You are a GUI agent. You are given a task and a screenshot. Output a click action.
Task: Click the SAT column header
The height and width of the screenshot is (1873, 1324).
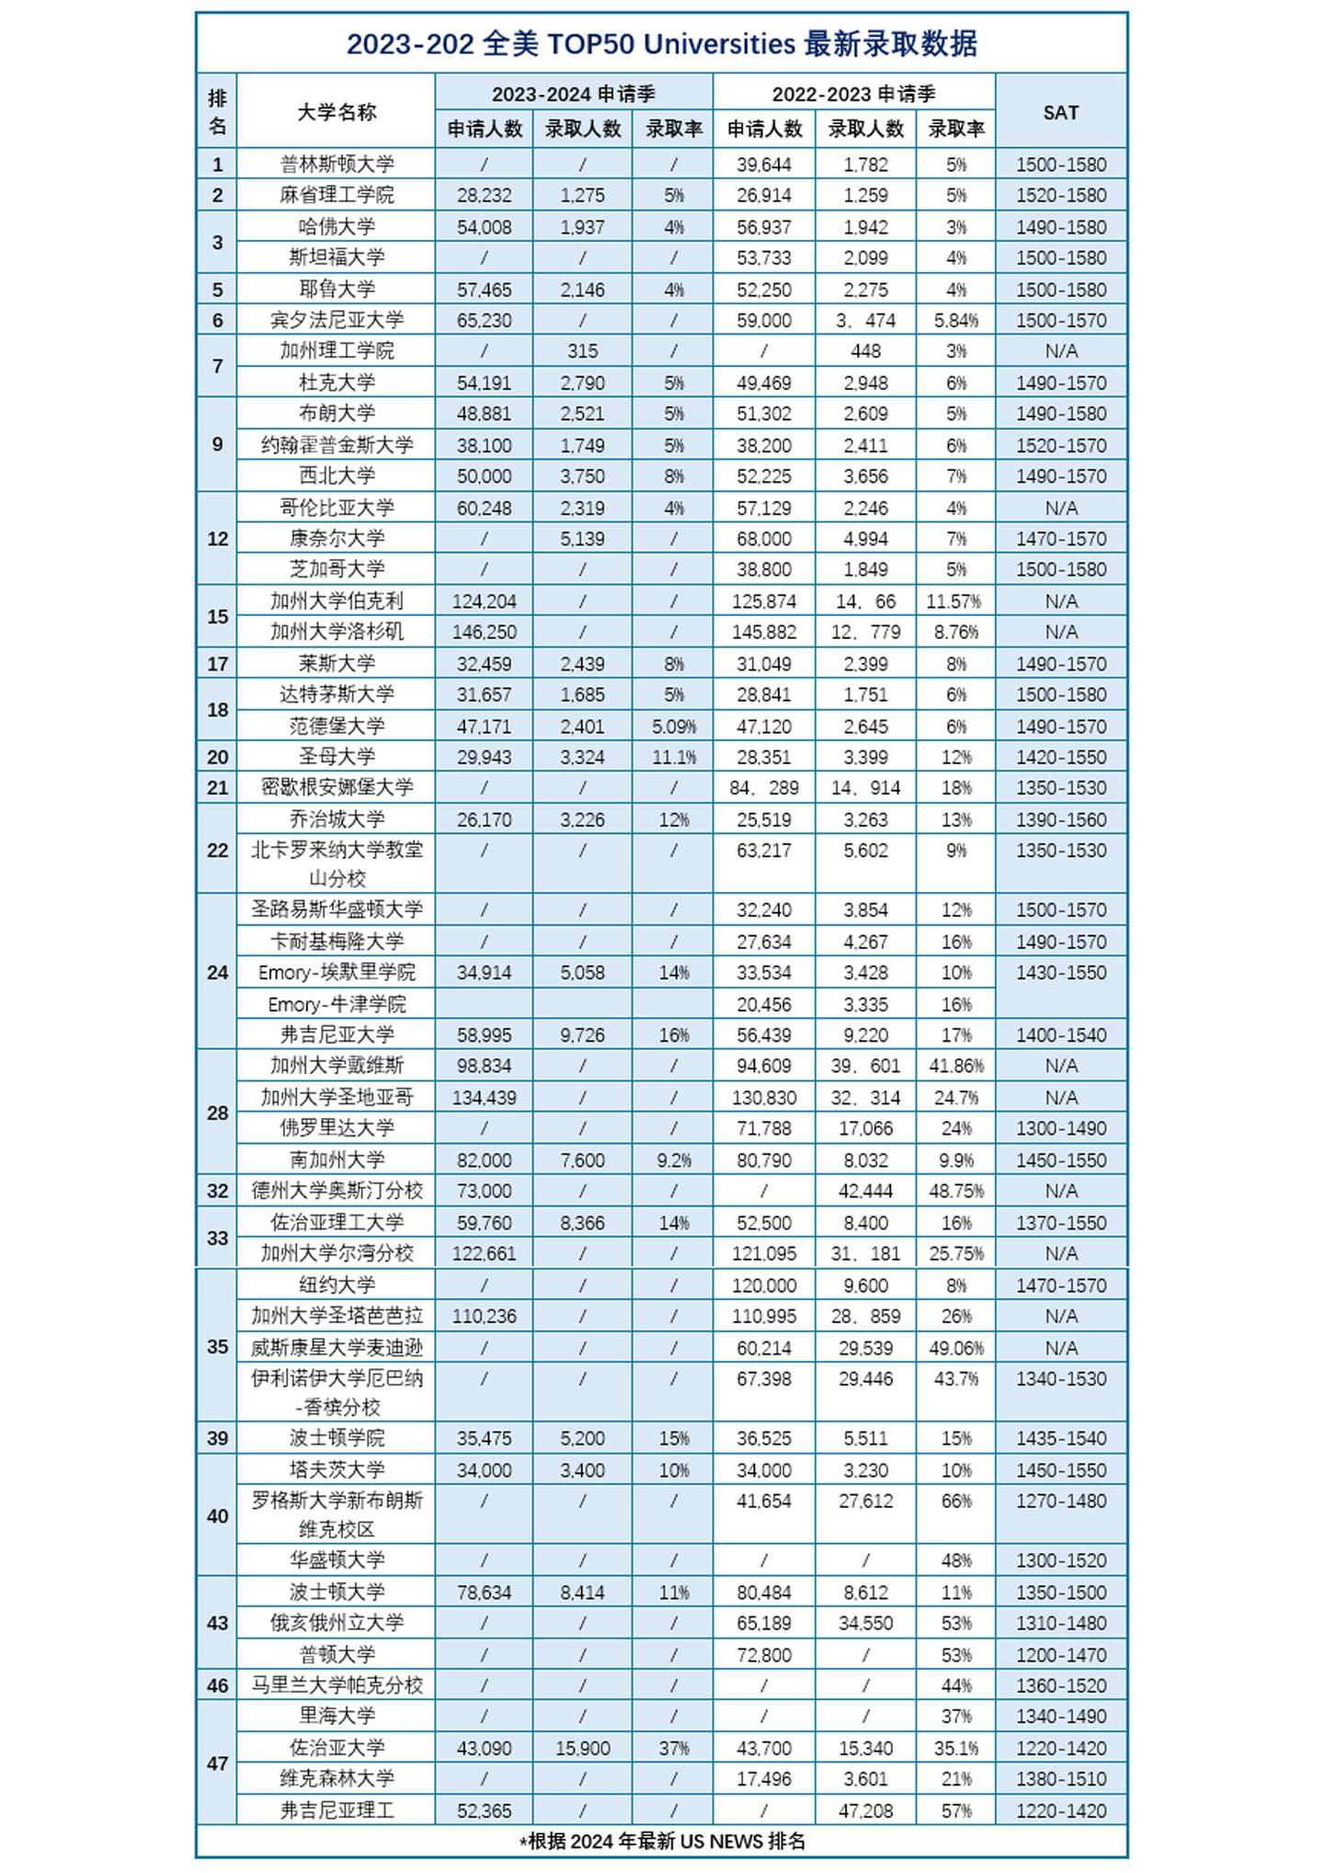[1060, 112]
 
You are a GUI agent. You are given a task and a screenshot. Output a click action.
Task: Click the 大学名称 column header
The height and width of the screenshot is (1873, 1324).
[337, 112]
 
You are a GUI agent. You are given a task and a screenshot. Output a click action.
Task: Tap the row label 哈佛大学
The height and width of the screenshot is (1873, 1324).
[337, 226]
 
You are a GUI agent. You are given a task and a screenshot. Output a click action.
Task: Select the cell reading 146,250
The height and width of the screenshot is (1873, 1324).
[484, 632]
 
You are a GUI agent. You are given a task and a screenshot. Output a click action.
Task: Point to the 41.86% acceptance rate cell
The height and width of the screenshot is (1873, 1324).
[955, 1066]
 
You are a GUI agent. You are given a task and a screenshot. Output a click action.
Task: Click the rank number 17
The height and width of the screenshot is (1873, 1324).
[217, 664]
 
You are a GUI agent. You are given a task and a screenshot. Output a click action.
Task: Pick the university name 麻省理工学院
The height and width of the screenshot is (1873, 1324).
[337, 195]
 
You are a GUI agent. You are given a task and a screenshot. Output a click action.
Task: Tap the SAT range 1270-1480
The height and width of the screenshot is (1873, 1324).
[1060, 1501]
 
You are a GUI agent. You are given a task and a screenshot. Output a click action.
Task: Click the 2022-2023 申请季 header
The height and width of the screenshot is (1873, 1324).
[853, 94]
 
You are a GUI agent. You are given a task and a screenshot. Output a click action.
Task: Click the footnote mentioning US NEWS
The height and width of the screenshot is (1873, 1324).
[662, 1841]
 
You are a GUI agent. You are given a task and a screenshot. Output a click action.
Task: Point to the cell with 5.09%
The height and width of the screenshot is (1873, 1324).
[673, 726]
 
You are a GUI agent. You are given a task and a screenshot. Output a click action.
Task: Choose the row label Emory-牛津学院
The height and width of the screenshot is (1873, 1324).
[337, 1004]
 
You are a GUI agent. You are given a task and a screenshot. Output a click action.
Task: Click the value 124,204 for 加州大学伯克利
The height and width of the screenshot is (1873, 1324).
[484, 601]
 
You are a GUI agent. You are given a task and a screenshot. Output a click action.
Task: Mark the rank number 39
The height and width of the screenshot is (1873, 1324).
[217, 1438]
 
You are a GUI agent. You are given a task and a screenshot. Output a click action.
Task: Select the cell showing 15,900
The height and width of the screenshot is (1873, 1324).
[582, 1748]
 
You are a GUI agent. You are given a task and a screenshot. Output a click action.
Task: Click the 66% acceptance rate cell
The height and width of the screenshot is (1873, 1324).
[955, 1501]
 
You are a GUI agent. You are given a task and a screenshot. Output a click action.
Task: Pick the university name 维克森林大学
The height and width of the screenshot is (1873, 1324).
[337, 1778]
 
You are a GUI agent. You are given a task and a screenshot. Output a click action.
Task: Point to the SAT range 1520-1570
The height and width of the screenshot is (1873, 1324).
[1060, 445]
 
